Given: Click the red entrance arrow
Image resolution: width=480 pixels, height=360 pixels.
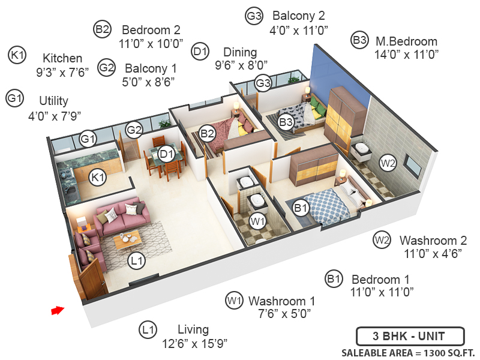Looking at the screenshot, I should [x=57, y=310].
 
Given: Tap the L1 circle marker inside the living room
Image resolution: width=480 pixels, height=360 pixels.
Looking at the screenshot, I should [x=137, y=260].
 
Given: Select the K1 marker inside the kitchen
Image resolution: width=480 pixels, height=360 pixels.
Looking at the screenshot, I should [x=97, y=177].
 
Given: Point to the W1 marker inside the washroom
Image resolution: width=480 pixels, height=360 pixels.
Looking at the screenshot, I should [x=258, y=222].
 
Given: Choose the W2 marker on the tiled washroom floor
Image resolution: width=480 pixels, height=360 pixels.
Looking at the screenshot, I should [x=388, y=162].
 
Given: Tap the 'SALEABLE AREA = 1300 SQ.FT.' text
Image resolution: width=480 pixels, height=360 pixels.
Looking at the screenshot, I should [x=408, y=352].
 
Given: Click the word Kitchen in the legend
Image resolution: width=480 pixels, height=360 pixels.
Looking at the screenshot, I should [x=62, y=58].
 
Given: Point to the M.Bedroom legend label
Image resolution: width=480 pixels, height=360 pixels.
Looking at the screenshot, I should [x=406, y=41].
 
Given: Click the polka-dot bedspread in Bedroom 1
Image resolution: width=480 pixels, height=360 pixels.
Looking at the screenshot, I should [x=327, y=204].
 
